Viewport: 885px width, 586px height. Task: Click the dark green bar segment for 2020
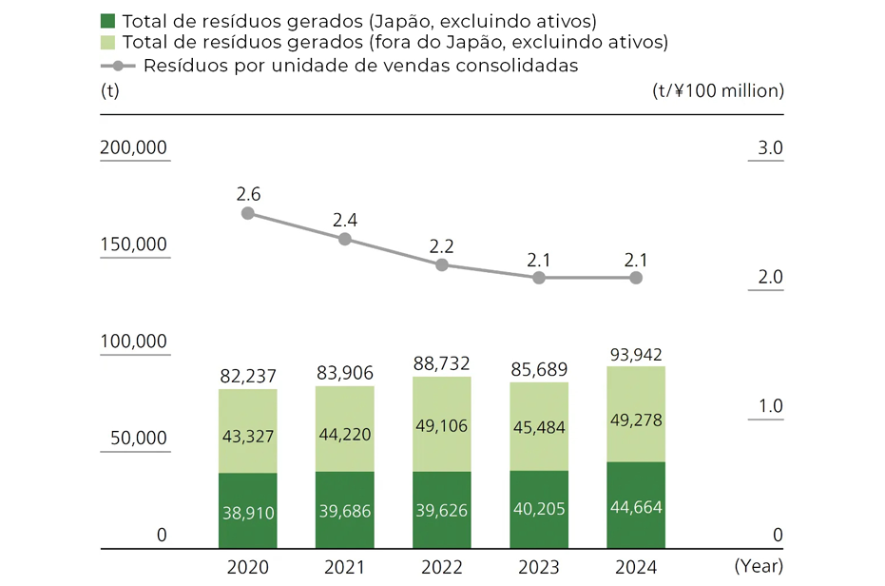pos(247,511)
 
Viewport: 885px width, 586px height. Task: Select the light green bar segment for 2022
pos(441,424)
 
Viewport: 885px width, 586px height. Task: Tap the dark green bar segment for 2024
pos(635,505)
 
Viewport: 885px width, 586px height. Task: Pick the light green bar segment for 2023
pos(538,427)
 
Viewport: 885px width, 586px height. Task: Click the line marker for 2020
pos(248,213)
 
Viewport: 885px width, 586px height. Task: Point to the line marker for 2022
pos(442,265)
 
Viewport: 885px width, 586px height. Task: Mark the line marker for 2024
pos(636,278)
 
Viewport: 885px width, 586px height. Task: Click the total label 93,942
pos(635,355)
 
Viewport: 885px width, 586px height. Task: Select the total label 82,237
pos(247,377)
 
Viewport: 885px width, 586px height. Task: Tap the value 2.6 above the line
pos(248,194)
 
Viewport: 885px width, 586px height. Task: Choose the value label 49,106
pos(441,426)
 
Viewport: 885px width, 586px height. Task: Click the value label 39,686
pos(344,512)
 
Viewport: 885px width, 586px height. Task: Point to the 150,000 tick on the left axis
pos(133,244)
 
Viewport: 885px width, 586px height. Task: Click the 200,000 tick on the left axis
pos(133,148)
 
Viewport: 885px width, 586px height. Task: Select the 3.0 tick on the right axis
pos(770,148)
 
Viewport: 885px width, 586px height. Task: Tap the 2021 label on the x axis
pos(344,568)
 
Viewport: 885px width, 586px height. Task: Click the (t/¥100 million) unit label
pos(718,91)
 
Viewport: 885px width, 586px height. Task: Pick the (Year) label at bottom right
pos(758,567)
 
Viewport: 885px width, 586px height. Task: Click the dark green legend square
pos(107,20)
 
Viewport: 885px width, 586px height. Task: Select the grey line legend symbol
pos(118,66)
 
